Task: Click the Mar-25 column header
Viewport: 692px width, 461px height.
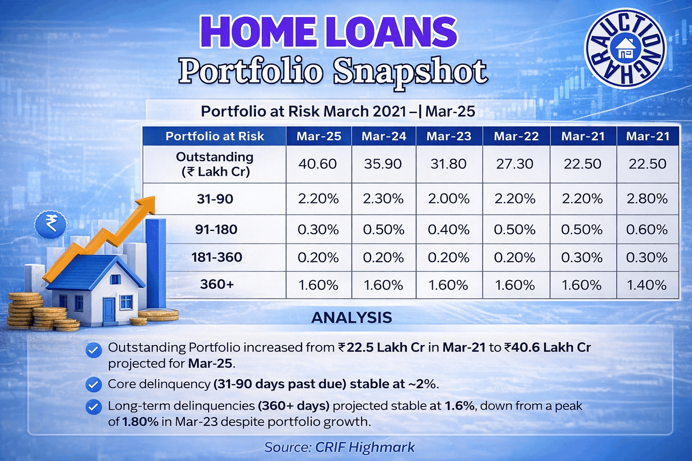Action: tap(319, 136)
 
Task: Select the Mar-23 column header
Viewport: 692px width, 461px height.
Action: tap(449, 136)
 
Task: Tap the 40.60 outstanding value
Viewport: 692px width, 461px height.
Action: tap(318, 164)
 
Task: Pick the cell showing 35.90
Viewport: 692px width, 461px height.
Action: tap(383, 164)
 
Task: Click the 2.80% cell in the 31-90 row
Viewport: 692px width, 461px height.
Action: tap(647, 199)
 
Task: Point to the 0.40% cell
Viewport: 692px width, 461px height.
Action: tap(449, 230)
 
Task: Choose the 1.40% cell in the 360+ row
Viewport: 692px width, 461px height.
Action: tap(646, 285)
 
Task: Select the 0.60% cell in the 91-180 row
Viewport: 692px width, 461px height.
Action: tap(647, 230)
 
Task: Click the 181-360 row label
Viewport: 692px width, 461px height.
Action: tap(217, 257)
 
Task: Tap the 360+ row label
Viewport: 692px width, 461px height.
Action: tap(217, 284)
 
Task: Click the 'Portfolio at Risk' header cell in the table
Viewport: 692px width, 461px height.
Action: tap(215, 136)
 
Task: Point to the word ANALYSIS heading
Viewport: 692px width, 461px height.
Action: tap(351, 317)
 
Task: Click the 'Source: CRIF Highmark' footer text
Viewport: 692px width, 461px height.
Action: tap(340, 447)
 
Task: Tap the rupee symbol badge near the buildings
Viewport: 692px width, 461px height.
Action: tap(50, 223)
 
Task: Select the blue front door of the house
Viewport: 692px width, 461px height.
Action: tap(109, 310)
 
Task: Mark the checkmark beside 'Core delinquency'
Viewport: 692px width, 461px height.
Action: tap(94, 385)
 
